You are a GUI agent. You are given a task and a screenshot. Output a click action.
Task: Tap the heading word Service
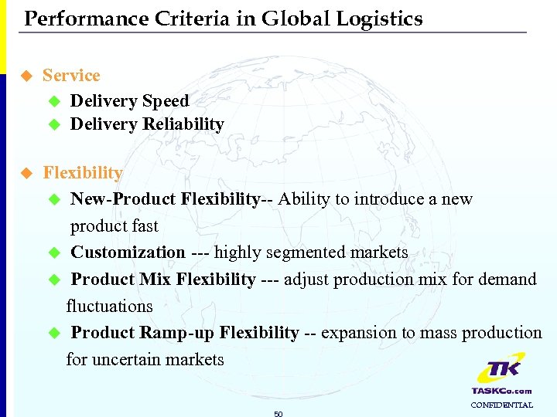coord(71,75)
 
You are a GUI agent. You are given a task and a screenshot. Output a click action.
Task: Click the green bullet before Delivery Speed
coord(54,101)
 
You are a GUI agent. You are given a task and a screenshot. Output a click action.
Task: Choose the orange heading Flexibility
coord(83,172)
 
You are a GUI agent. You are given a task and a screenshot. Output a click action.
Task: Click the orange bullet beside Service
coord(27,76)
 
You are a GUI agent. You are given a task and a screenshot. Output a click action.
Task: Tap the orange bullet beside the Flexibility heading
coord(27,173)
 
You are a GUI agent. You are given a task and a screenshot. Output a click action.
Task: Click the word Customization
coord(128,253)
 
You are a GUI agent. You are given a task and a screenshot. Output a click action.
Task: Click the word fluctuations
coord(109,306)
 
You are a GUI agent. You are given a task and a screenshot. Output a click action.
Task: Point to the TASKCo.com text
coord(501,392)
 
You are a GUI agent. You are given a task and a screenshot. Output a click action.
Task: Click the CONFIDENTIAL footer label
coord(501,405)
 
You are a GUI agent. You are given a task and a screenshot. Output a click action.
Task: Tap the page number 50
coord(278,414)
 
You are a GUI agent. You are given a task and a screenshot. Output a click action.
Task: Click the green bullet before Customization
coord(54,253)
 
